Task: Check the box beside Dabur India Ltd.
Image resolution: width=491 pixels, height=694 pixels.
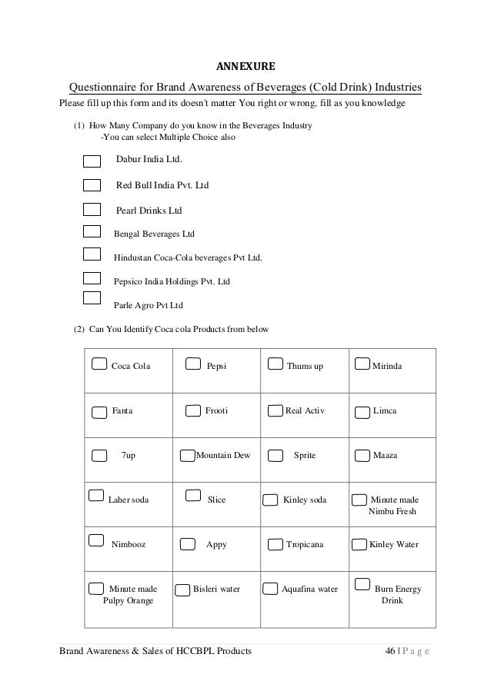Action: click(92, 161)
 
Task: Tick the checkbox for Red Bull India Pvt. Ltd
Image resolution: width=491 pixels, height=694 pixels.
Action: click(92, 185)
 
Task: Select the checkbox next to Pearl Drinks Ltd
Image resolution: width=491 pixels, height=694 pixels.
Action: click(92, 209)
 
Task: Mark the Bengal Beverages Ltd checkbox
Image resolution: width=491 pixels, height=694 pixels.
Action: click(92, 231)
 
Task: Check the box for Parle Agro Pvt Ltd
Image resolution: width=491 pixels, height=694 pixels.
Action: click(92, 299)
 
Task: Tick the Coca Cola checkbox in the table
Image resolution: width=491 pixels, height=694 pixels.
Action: click(99, 364)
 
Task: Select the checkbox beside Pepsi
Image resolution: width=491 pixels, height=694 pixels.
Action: click(194, 364)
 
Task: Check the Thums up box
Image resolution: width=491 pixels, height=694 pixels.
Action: click(275, 364)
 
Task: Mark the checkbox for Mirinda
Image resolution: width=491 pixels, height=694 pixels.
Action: click(362, 364)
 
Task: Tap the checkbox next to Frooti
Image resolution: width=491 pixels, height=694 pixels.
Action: click(193, 412)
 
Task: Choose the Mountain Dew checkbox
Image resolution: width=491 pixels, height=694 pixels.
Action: click(187, 457)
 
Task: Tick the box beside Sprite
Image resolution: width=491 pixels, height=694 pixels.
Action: click(275, 457)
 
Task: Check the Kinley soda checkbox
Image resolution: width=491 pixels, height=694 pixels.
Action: click(271, 501)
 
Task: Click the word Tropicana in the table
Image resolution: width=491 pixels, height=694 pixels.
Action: click(305, 544)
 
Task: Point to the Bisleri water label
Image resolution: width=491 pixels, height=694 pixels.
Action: click(216, 589)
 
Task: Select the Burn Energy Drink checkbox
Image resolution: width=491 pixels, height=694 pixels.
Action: click(359, 588)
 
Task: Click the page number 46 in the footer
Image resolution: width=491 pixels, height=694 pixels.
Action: click(390, 653)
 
